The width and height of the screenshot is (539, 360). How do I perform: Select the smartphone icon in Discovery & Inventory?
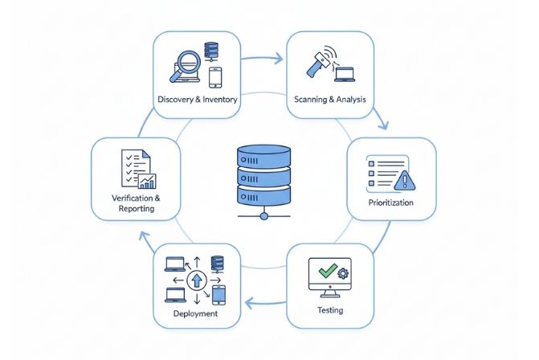tap(214, 76)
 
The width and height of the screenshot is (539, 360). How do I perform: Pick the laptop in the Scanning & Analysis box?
tap(345, 75)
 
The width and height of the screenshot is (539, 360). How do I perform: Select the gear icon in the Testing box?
tap(344, 274)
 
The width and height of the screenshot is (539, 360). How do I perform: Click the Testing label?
tap(329, 309)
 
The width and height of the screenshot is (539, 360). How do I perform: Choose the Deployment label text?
tap(195, 313)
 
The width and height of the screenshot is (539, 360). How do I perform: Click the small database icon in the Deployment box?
tap(216, 264)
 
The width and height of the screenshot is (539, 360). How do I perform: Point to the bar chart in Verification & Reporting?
tap(147, 181)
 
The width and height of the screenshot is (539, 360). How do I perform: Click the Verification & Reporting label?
tap(134, 202)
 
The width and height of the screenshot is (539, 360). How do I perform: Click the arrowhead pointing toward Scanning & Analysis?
tap(278, 59)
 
